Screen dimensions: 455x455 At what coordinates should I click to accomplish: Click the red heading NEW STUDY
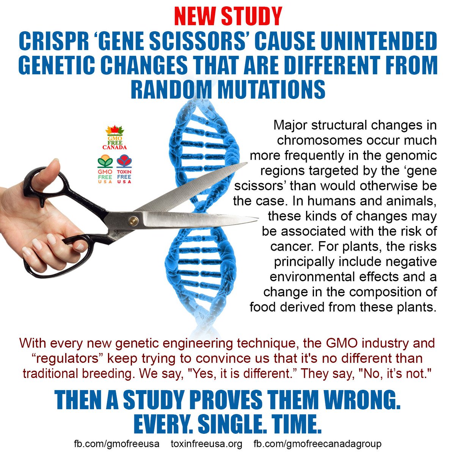coord(228,16)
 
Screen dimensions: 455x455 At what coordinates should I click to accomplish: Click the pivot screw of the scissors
coord(133,220)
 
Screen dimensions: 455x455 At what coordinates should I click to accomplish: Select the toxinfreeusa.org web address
coord(207,443)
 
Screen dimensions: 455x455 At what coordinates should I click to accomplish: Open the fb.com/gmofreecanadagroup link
coord(317,443)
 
